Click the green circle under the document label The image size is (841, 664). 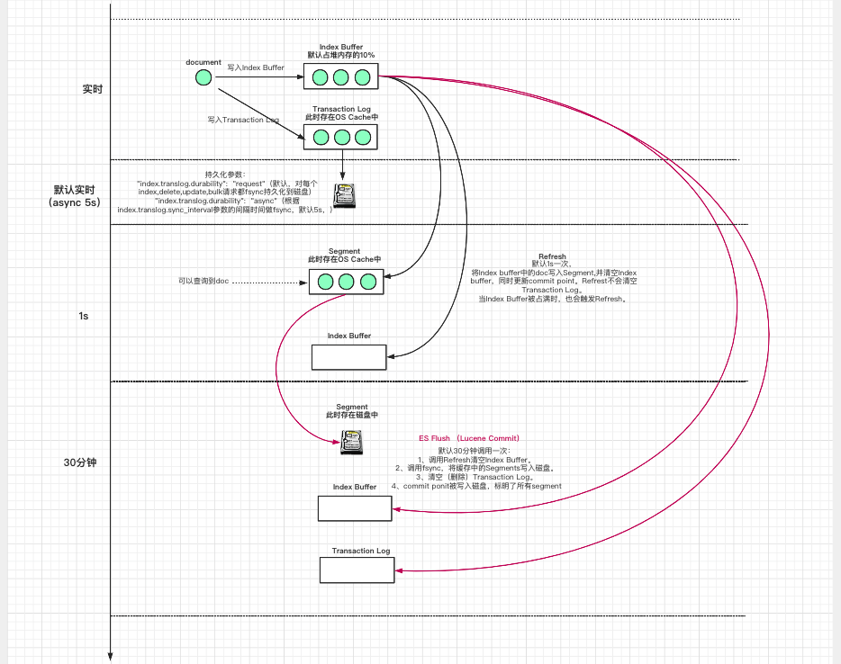[203, 78]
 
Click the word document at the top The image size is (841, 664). [203, 62]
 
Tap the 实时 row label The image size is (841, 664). [93, 89]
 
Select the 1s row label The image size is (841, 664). [83, 316]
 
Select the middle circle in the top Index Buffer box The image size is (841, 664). [340, 77]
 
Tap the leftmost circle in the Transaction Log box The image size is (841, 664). [321, 138]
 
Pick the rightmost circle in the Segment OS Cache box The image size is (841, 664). [367, 282]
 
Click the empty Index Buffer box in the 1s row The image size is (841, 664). [348, 357]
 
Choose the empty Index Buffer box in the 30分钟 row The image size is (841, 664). [354, 508]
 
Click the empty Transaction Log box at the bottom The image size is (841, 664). [357, 570]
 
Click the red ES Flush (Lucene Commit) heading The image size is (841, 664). [469, 438]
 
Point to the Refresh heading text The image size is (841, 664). [552, 256]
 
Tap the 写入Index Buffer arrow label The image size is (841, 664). [256, 67]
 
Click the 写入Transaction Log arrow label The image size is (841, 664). [243, 119]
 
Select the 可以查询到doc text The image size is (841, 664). [203, 282]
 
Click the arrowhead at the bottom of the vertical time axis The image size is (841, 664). [110, 656]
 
